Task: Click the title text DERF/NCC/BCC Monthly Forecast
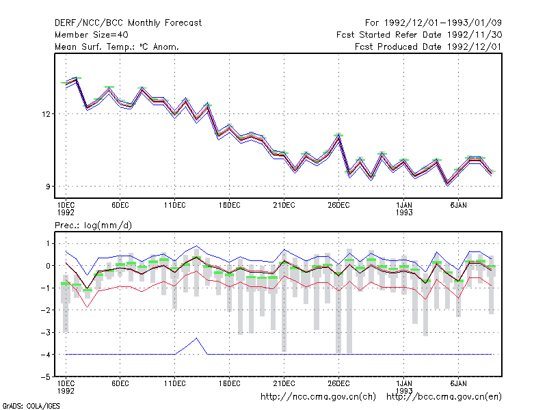coord(128,23)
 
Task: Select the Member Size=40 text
coord(92,35)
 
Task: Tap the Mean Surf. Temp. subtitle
coord(94,46)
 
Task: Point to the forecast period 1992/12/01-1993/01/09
coord(442,23)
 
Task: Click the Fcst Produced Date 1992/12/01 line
coord(428,46)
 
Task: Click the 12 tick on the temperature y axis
coord(46,114)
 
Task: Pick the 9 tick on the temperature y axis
coord(48,187)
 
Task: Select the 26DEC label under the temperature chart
coord(338,206)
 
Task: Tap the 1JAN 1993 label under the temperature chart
coord(404,208)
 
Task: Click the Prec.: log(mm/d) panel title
coord(93,225)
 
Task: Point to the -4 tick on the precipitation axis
coord(46,355)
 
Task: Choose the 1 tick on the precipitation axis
coord(48,244)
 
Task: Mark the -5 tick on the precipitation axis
coord(46,377)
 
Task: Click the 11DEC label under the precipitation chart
coord(175,383)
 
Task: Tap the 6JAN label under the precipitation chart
coord(458,383)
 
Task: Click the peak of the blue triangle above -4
coord(197,338)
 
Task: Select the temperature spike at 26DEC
coord(338,135)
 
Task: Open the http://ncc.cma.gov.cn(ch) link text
coord(318,397)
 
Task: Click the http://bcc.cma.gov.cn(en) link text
coord(444,397)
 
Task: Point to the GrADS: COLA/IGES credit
coord(31,406)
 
